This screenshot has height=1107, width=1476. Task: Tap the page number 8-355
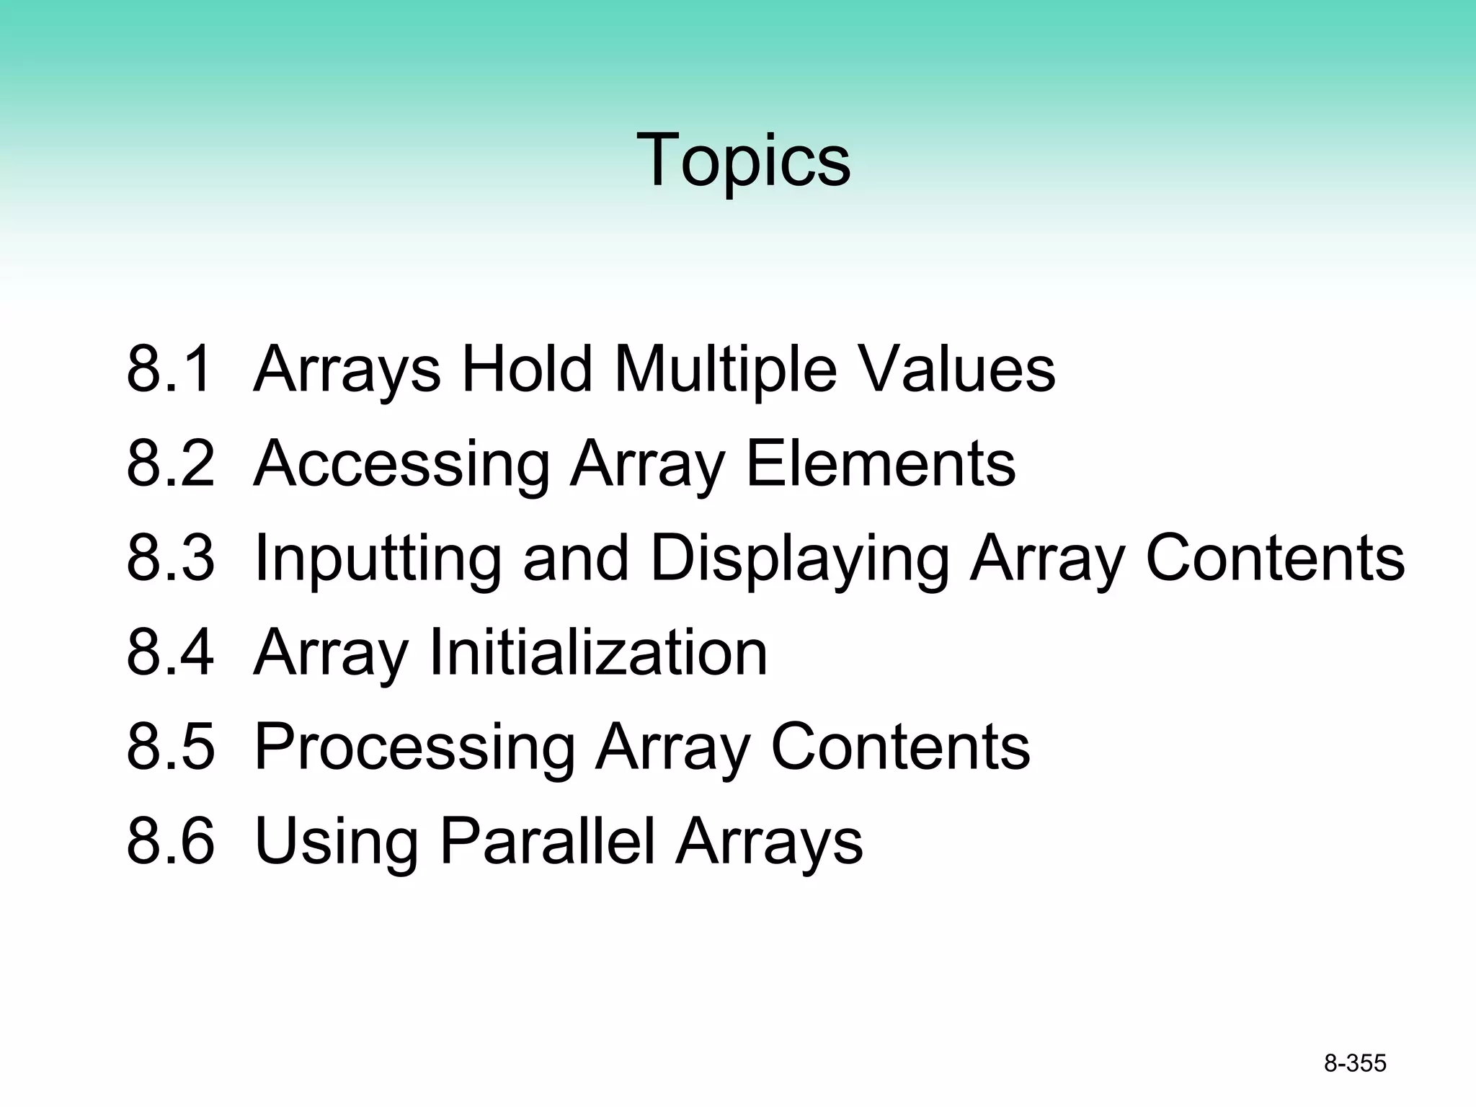click(1355, 1064)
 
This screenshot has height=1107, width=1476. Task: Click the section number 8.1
click(170, 369)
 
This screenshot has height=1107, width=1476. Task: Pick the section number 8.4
click(170, 652)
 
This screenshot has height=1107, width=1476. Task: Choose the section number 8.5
click(170, 747)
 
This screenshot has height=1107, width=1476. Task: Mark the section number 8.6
click(170, 841)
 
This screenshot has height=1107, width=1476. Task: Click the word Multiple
click(725, 370)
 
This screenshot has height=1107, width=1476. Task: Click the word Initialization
click(598, 652)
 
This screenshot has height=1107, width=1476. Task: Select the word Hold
click(527, 369)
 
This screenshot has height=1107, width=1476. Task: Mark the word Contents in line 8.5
click(901, 747)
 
